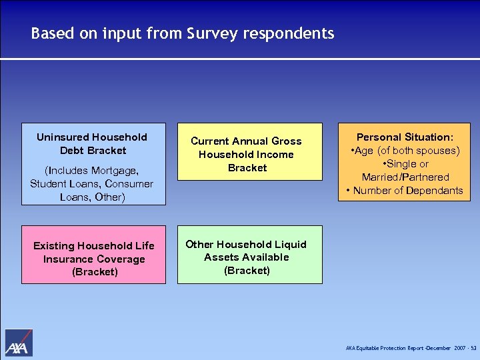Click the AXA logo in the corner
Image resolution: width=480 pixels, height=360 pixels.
click(19, 343)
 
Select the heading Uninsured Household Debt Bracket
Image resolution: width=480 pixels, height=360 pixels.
click(92, 143)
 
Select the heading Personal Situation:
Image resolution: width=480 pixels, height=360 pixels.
click(405, 137)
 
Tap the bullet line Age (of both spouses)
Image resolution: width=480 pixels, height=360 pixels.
click(405, 151)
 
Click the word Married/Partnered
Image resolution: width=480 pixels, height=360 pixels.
click(405, 177)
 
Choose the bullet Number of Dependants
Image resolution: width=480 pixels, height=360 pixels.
click(405, 191)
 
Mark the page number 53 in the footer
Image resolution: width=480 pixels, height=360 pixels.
click(473, 349)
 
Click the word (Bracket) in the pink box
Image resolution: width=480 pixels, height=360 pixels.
click(93, 271)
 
